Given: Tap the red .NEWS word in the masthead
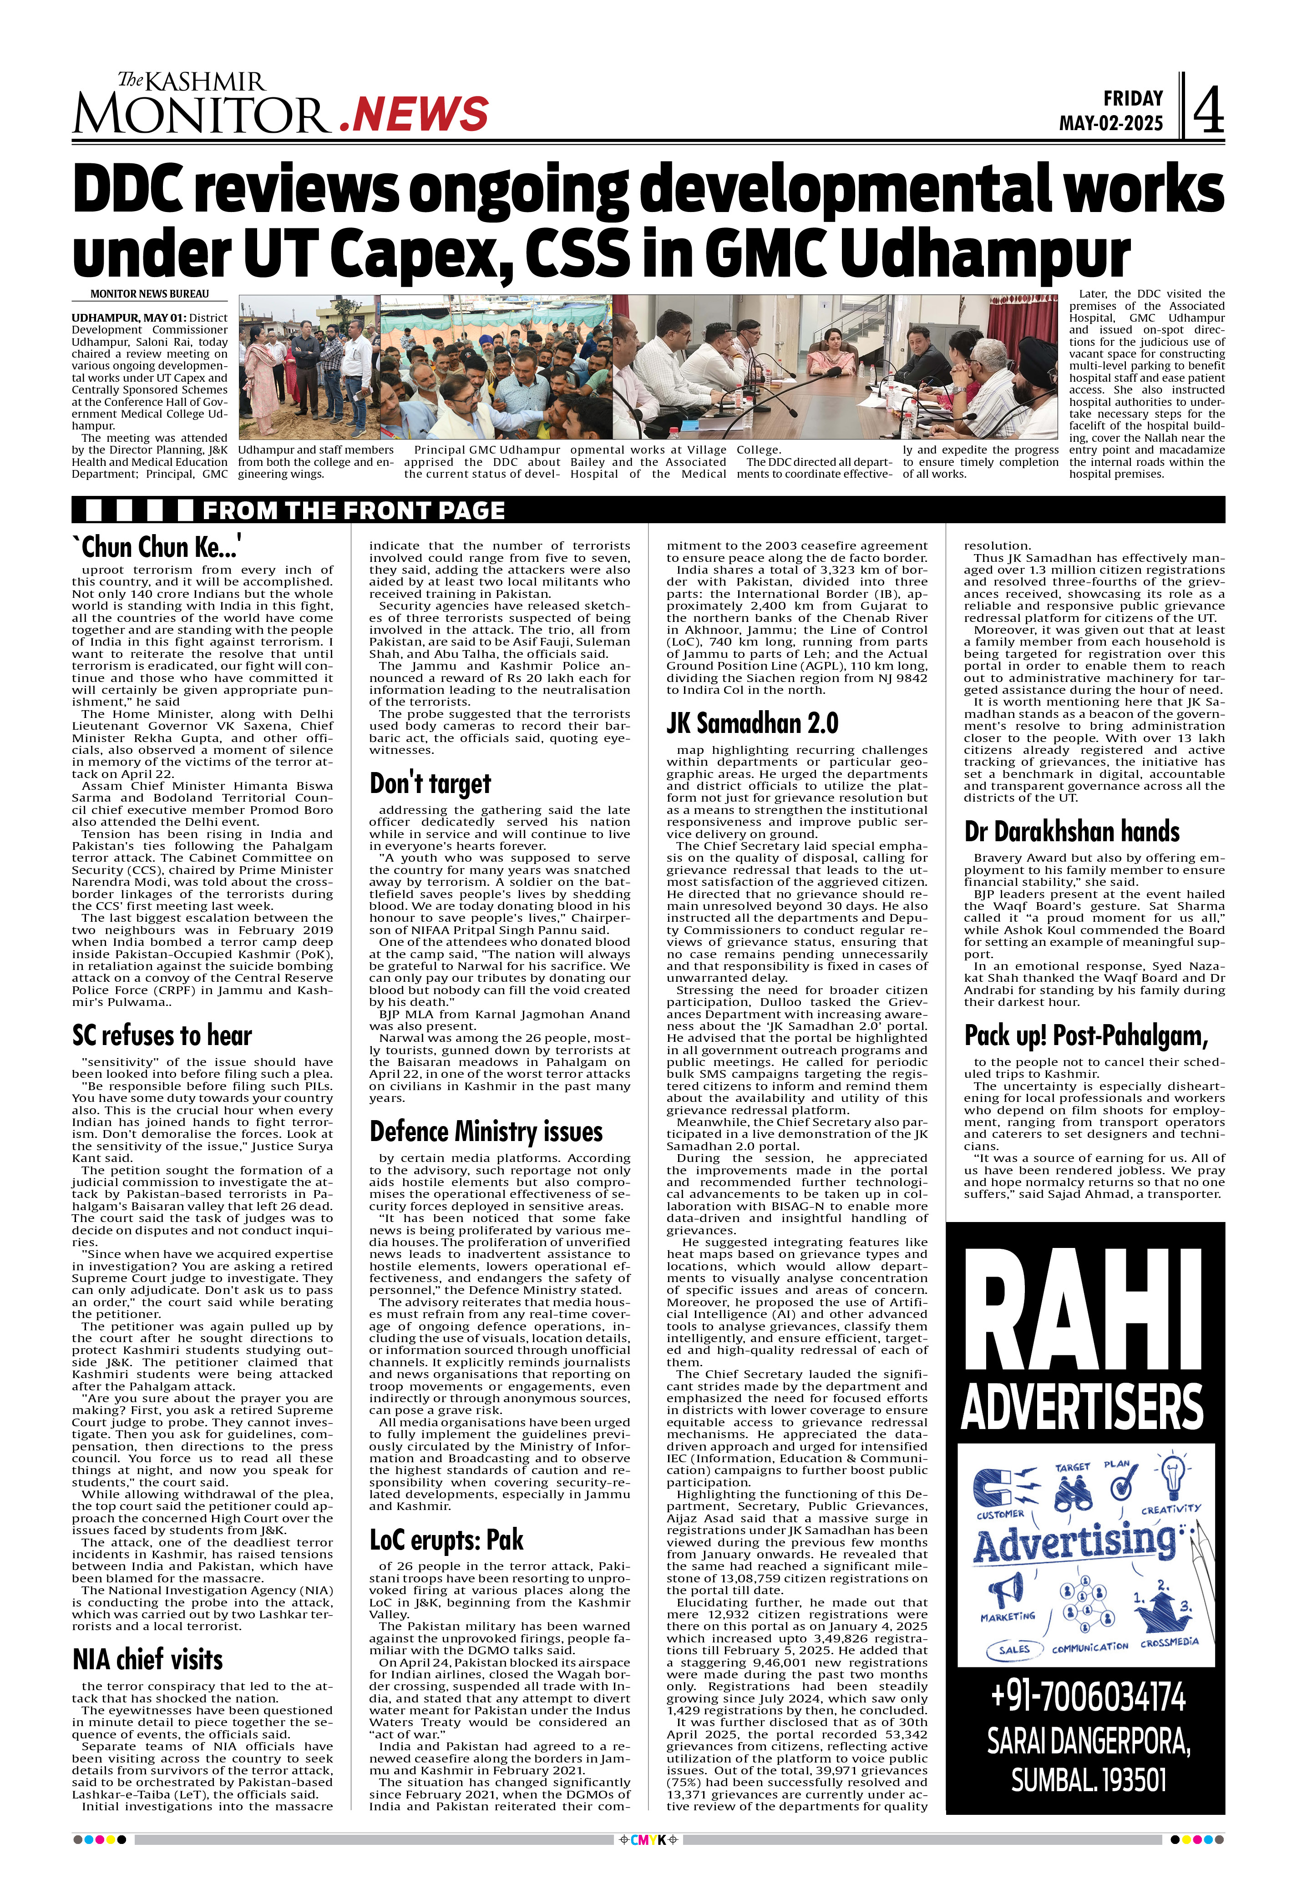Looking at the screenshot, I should [x=414, y=114].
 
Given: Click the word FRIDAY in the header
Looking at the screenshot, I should [x=1133, y=99].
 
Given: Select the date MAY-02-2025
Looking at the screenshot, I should [x=1111, y=123].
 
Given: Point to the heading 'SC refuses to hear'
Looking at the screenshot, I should [x=162, y=1035].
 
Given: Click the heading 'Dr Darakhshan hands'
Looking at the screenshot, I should [x=1071, y=832].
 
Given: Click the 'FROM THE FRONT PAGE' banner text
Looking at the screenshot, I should [x=353, y=511].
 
